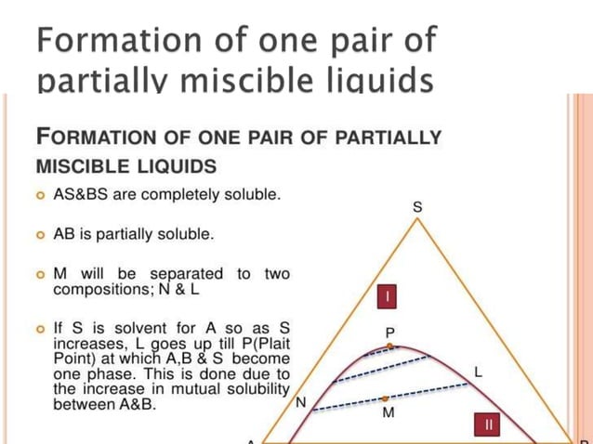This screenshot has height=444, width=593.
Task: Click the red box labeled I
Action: click(x=387, y=296)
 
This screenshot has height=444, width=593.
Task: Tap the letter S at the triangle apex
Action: click(x=417, y=208)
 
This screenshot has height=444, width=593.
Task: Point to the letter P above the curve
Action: click(x=390, y=332)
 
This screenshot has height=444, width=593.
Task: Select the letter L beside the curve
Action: click(x=479, y=372)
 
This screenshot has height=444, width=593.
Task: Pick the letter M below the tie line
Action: click(x=388, y=413)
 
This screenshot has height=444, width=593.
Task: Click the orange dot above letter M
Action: click(x=385, y=398)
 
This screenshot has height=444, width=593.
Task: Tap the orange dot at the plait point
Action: click(x=390, y=346)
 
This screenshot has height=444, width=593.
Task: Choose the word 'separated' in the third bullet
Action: click(x=190, y=274)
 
